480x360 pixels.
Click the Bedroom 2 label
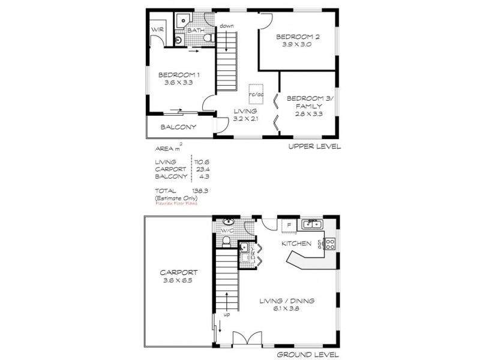pos(298,37)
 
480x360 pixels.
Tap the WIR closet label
pos(158,28)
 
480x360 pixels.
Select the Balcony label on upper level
pos(178,127)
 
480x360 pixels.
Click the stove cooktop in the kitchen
pos(329,244)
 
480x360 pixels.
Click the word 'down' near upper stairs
pos(226,26)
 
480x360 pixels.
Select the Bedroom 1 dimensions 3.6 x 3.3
pos(178,83)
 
